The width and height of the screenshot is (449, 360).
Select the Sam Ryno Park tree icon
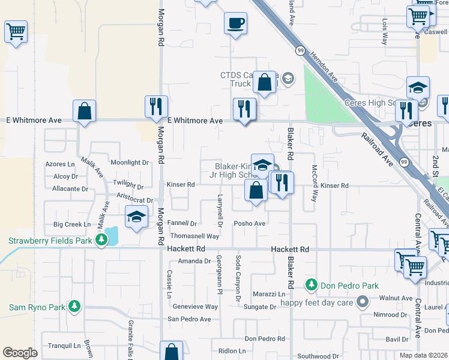(x=74, y=307)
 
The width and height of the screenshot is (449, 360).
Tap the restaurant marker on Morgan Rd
(x=156, y=107)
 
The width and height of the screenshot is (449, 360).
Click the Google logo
(x=20, y=353)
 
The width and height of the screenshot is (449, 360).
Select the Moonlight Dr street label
(x=129, y=163)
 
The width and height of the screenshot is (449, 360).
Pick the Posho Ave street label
(x=250, y=223)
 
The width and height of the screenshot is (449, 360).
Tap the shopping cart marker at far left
(x=16, y=32)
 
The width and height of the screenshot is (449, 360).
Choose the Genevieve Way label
(x=195, y=306)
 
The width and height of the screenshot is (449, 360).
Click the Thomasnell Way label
(x=194, y=236)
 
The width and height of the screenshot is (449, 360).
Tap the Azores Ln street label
(x=60, y=164)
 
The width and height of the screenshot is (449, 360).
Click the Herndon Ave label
(x=325, y=65)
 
